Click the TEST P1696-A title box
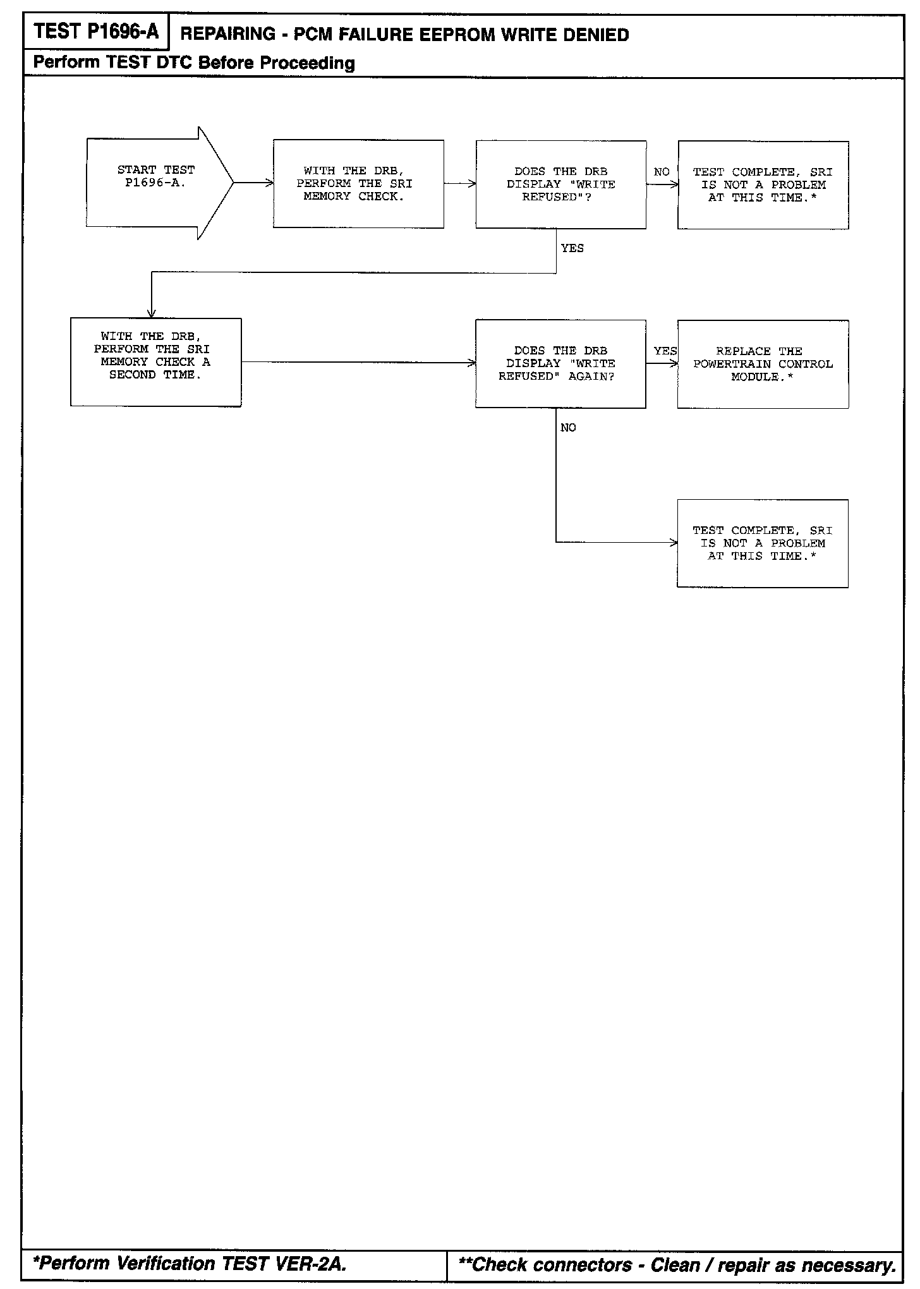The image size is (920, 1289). point(96,32)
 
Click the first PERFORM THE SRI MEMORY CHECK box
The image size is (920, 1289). point(358,184)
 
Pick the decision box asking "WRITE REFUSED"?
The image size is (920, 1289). point(560,184)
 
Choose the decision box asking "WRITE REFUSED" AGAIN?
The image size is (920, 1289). point(560,363)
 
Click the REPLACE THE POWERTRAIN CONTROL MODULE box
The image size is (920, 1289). point(763,364)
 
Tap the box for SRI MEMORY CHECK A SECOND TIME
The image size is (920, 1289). point(155,361)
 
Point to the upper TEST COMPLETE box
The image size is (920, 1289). point(763,185)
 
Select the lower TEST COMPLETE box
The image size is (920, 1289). point(762,543)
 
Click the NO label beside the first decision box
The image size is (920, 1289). point(662,172)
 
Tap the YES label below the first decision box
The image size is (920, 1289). point(572,248)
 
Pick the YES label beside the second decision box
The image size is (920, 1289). point(665,351)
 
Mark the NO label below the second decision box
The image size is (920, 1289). point(568,428)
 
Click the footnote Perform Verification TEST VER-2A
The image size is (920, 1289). point(190,1263)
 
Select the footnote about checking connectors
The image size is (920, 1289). point(677,1264)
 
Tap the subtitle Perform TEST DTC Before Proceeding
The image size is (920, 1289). point(194,63)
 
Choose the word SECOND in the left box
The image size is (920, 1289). point(132,375)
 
